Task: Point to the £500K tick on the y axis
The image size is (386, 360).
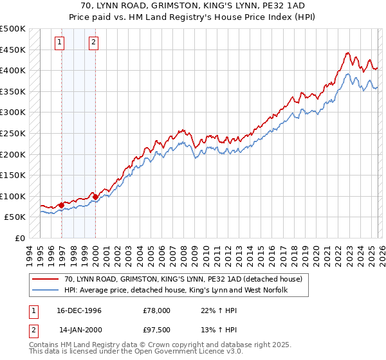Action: click(13, 29)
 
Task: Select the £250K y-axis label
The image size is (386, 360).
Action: click(13, 134)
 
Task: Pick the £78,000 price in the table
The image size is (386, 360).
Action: click(157, 310)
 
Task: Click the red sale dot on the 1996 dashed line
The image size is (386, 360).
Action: click(62, 206)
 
